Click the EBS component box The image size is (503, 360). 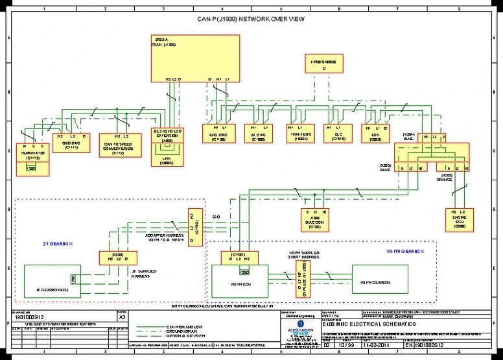[376, 133]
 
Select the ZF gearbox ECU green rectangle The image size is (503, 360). [53, 280]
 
